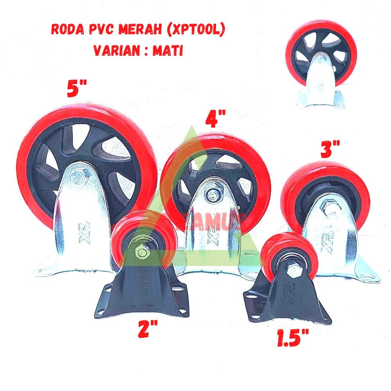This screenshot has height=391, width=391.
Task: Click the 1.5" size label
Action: pos(293,339)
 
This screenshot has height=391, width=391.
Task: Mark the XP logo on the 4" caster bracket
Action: pos(211,238)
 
